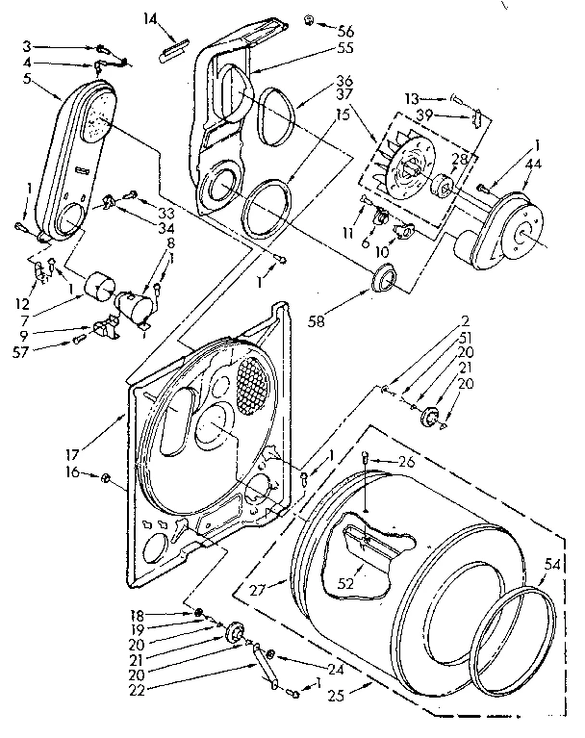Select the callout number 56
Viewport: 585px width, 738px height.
pyautogui.click(x=344, y=30)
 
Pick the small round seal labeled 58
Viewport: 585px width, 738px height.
pyautogui.click(x=383, y=280)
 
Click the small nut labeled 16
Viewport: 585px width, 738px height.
pyautogui.click(x=107, y=477)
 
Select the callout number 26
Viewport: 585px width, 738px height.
pyautogui.click(x=405, y=461)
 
